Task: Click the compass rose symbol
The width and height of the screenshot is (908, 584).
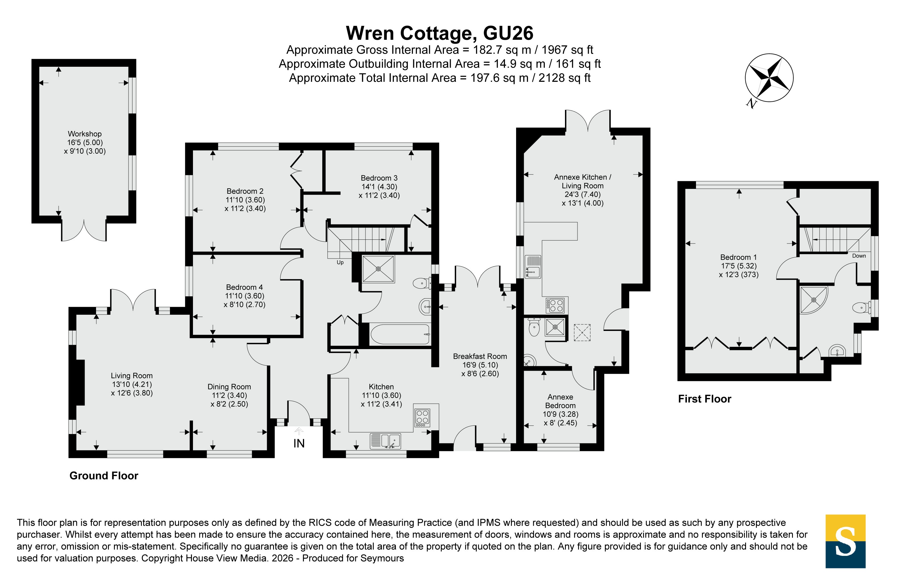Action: tap(769, 78)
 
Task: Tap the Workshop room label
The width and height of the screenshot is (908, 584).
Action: tap(85, 134)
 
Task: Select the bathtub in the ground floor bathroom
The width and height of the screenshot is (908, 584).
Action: tap(400, 334)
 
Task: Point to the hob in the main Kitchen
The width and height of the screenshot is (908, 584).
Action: tap(423, 418)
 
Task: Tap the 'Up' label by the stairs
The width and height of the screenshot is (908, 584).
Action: tap(340, 262)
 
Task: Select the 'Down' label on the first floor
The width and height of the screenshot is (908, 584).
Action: tap(859, 256)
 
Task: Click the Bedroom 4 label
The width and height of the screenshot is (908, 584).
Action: tap(244, 287)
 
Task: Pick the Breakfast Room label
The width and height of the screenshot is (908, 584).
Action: tap(480, 356)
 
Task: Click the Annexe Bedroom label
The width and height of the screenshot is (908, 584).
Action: tap(560, 401)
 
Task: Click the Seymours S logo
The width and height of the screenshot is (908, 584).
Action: tap(845, 541)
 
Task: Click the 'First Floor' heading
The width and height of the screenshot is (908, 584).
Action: tap(705, 399)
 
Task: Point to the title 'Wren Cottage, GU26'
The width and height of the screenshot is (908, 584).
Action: tap(440, 33)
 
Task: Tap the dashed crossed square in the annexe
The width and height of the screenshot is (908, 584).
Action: tap(582, 333)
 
